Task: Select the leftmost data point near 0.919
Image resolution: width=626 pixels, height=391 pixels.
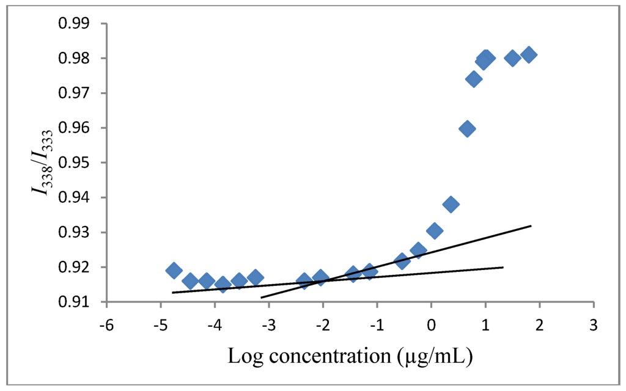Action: tap(174, 270)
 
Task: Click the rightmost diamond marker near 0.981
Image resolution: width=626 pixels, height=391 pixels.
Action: tap(529, 54)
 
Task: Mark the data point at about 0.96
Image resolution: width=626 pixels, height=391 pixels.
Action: tap(467, 128)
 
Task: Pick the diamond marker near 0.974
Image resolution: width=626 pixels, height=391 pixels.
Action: tap(474, 79)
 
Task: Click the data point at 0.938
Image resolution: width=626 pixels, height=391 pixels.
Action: tap(451, 204)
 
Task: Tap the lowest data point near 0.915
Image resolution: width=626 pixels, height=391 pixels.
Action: tap(223, 284)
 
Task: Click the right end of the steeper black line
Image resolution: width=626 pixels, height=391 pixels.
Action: tap(531, 226)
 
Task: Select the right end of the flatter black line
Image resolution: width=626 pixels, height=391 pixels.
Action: tap(503, 267)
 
